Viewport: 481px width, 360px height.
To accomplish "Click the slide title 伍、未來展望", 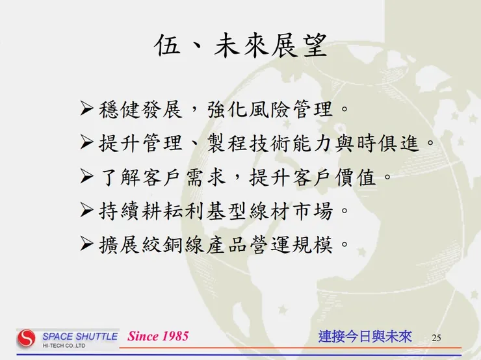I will (x=240, y=47).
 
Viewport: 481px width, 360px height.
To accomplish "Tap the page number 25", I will (x=436, y=337).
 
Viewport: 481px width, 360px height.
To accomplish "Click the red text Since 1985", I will (x=158, y=336).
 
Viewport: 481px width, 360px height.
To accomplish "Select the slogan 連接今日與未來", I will (x=365, y=337).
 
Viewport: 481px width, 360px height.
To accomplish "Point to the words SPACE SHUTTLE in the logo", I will (x=80, y=336).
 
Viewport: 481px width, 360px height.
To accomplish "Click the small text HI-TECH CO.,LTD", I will (x=64, y=346).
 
